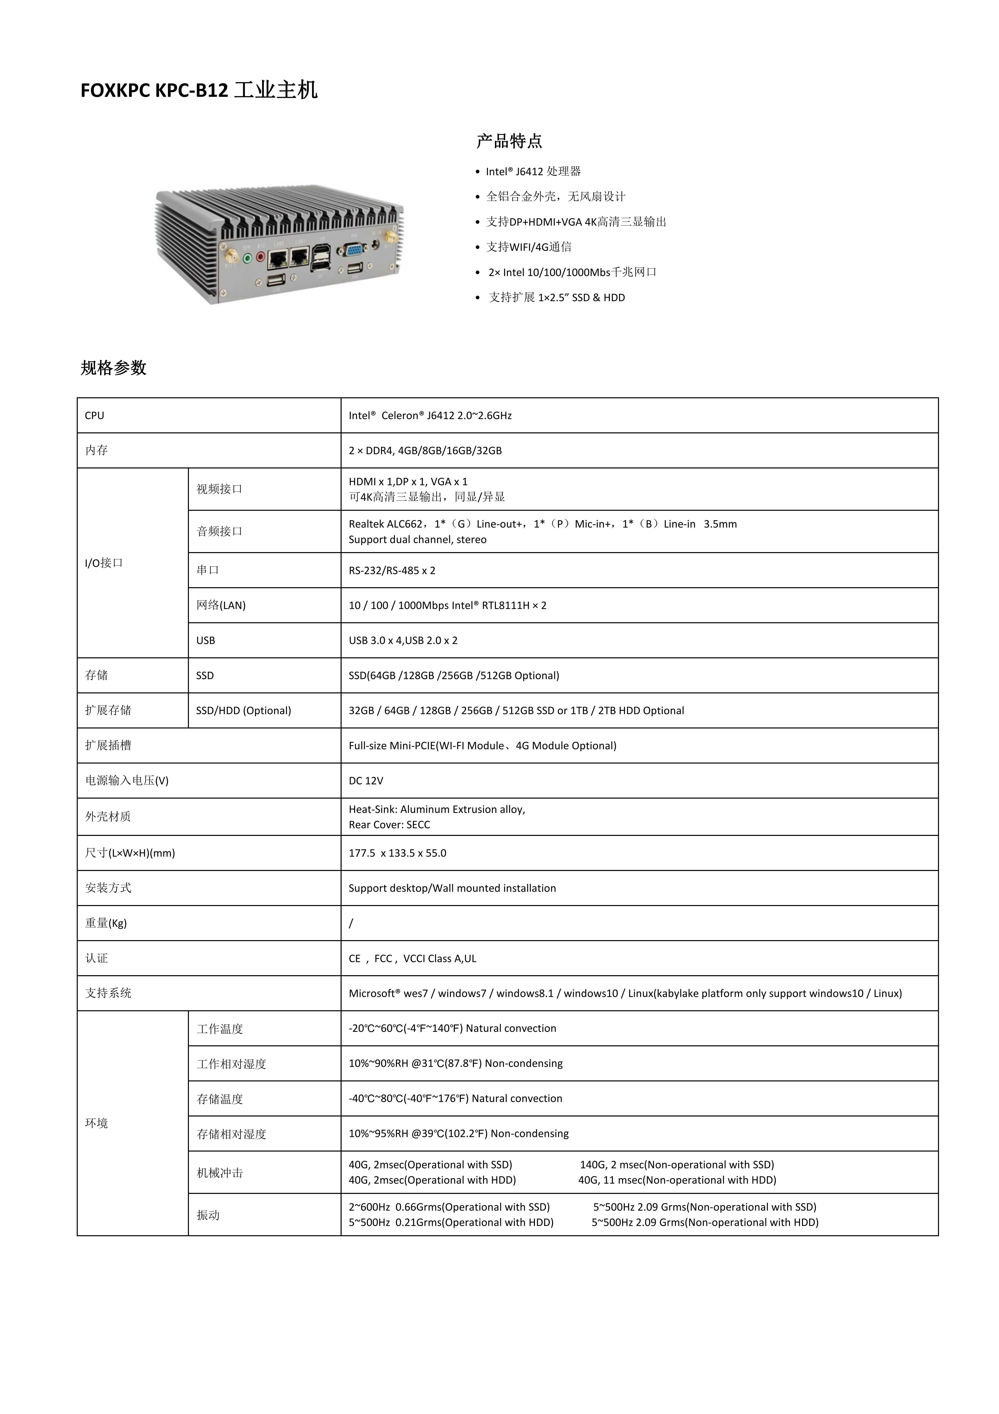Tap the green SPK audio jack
pyautogui.click(x=247, y=259)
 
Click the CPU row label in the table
pyautogui.click(x=95, y=416)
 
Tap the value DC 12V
pyautogui.click(x=366, y=781)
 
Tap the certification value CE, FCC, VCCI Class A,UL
pyautogui.click(x=412, y=958)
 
